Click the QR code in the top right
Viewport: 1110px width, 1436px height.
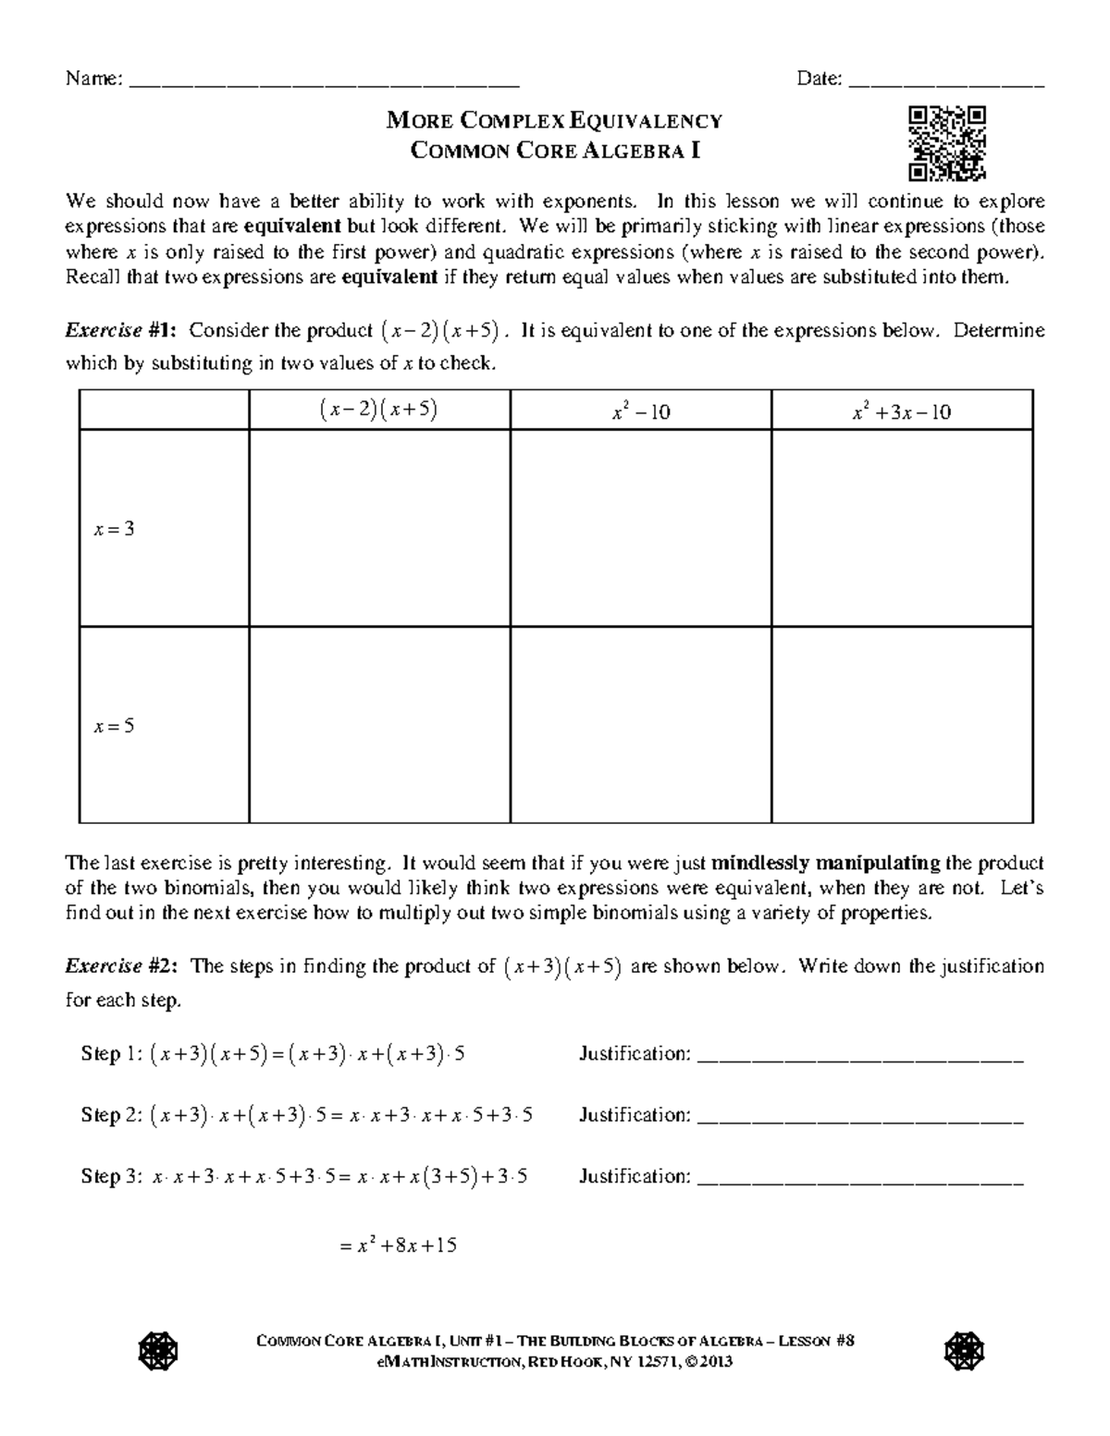947,143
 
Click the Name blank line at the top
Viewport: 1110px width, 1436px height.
324,83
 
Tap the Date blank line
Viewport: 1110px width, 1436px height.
945,83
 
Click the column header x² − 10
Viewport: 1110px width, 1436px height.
640,412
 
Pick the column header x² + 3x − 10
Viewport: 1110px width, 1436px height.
902,412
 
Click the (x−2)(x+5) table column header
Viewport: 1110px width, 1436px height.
379,411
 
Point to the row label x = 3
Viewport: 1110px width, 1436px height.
114,530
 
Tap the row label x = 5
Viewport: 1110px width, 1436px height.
114,726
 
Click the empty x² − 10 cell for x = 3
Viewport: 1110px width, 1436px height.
640,529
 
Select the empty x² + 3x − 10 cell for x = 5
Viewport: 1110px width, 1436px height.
902,725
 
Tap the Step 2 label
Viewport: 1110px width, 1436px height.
113,1115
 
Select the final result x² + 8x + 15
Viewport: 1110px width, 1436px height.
400,1246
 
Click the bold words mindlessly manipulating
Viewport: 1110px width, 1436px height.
825,864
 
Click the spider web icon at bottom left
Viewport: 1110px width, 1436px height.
157,1352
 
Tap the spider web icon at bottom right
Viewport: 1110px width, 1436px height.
963,1352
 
